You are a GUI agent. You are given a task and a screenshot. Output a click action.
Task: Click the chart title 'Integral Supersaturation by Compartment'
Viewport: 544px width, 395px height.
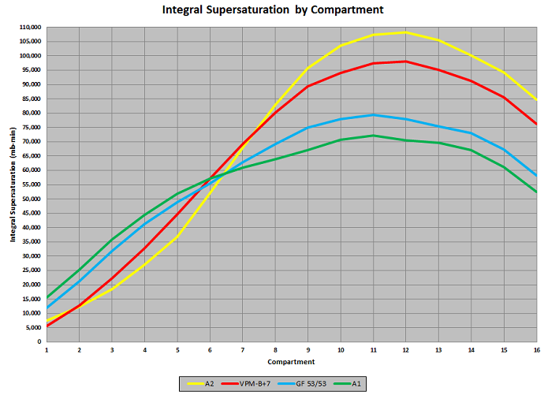pos(273,10)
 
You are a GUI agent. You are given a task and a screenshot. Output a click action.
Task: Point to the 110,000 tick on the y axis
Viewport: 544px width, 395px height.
pos(31,28)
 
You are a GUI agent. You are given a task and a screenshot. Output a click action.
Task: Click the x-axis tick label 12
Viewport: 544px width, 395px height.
pos(406,349)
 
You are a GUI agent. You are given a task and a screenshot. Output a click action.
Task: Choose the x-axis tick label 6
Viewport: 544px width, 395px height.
pos(210,349)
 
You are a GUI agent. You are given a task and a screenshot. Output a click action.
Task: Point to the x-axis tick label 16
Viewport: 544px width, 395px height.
pos(536,349)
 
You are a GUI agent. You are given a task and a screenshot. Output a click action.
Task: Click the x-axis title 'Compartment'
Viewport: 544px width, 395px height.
pos(292,362)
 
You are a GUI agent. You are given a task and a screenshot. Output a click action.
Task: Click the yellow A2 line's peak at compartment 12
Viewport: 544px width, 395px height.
pos(406,32)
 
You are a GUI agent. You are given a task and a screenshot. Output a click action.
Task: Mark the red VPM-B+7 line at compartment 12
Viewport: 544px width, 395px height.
pos(406,61)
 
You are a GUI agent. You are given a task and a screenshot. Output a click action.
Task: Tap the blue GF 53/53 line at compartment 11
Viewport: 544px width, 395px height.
pos(373,115)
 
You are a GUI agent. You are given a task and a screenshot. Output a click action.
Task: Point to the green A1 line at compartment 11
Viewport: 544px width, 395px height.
pos(373,136)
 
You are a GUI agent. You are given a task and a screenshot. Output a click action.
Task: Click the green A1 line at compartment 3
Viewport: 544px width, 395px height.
pos(112,239)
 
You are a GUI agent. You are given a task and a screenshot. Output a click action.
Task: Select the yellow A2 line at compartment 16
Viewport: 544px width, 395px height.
pos(536,100)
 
